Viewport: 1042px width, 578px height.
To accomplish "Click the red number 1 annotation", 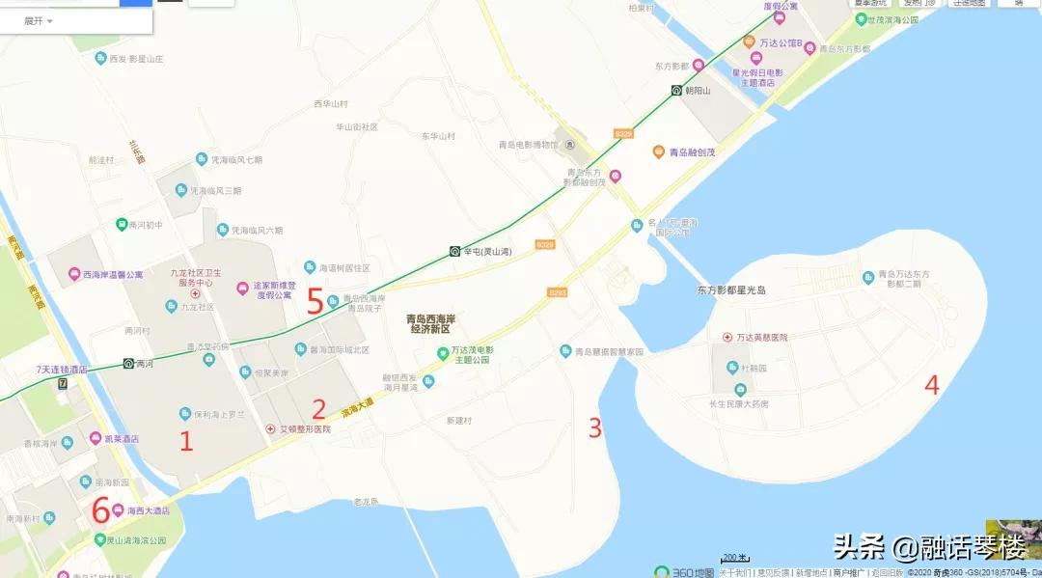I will [x=187, y=442].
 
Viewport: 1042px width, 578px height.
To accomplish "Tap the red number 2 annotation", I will [x=318, y=409].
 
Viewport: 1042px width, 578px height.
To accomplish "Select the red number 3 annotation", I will [x=595, y=427].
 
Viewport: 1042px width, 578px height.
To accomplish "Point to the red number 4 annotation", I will [x=931, y=384].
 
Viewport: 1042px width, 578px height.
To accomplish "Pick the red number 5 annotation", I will [x=315, y=301].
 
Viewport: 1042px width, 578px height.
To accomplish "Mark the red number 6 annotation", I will [x=99, y=509].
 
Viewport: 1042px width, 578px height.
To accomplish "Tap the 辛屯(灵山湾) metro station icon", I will [x=453, y=251].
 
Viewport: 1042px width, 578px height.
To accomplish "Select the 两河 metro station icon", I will [x=127, y=364].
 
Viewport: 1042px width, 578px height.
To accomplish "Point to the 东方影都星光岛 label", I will [x=730, y=289].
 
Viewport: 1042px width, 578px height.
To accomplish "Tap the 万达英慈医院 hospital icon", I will [x=727, y=338].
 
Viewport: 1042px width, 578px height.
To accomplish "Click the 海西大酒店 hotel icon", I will [x=117, y=510].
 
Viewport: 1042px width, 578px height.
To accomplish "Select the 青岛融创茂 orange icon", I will [x=659, y=151].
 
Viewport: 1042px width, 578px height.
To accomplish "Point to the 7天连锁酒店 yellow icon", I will [x=63, y=383].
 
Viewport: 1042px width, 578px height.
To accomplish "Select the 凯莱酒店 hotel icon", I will [x=96, y=438].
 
